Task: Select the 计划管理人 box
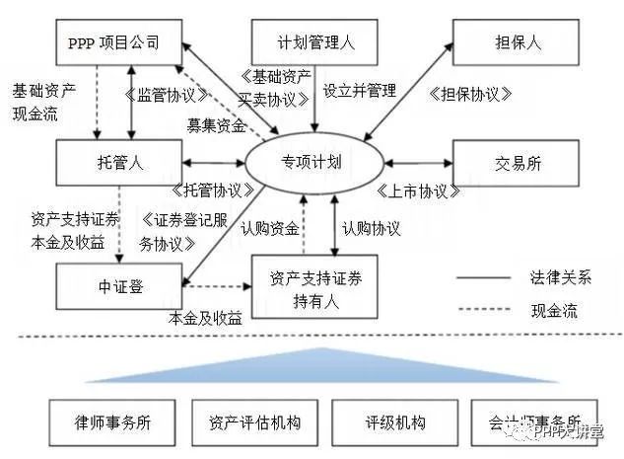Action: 313,43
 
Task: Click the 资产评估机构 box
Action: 255,422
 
